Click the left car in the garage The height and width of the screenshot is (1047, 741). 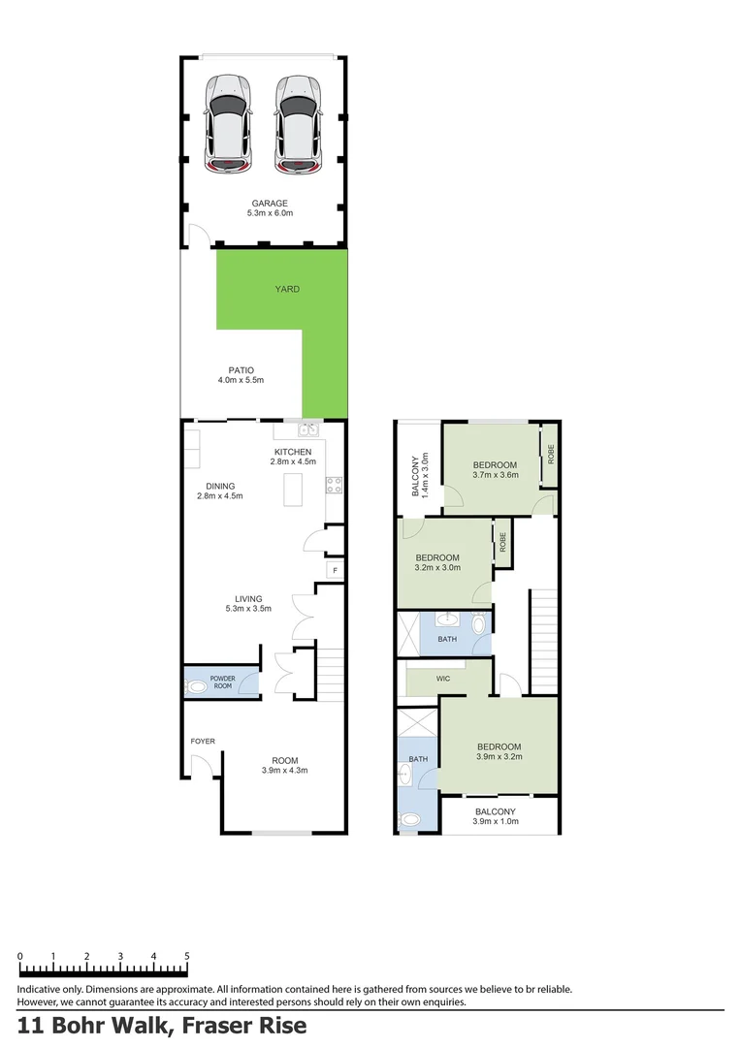pos(227,123)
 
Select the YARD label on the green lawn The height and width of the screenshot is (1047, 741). pos(286,289)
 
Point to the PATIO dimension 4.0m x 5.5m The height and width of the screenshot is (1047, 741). pos(241,381)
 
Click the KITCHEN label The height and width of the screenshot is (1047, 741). pos(293,453)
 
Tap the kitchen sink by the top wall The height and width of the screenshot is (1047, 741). pos(309,428)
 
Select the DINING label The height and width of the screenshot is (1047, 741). pos(219,487)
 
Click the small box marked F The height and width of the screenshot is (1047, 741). pos(335,570)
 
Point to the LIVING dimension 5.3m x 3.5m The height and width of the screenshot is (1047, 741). pos(248,610)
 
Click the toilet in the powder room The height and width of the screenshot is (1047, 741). pos(197,686)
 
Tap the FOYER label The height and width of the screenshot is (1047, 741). pos(203,742)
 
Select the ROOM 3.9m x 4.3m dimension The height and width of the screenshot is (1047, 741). pos(284,772)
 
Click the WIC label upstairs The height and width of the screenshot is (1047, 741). pos(444,680)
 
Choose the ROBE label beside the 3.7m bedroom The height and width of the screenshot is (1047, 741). pos(550,453)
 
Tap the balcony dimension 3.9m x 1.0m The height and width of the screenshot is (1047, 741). pos(495,822)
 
